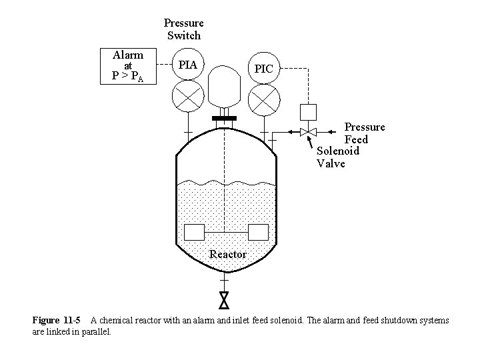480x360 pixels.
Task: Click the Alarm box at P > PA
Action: [127, 66]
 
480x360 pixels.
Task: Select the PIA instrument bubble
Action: [187, 65]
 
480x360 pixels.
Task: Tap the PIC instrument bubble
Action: [263, 69]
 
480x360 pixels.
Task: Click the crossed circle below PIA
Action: [187, 98]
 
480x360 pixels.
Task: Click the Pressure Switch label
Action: [183, 29]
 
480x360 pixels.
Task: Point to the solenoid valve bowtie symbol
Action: [308, 132]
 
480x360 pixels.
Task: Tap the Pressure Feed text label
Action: [364, 133]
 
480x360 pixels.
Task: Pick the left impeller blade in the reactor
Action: [193, 232]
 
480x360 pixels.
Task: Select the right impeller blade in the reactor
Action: [257, 232]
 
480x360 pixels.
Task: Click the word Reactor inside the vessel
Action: [227, 254]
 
